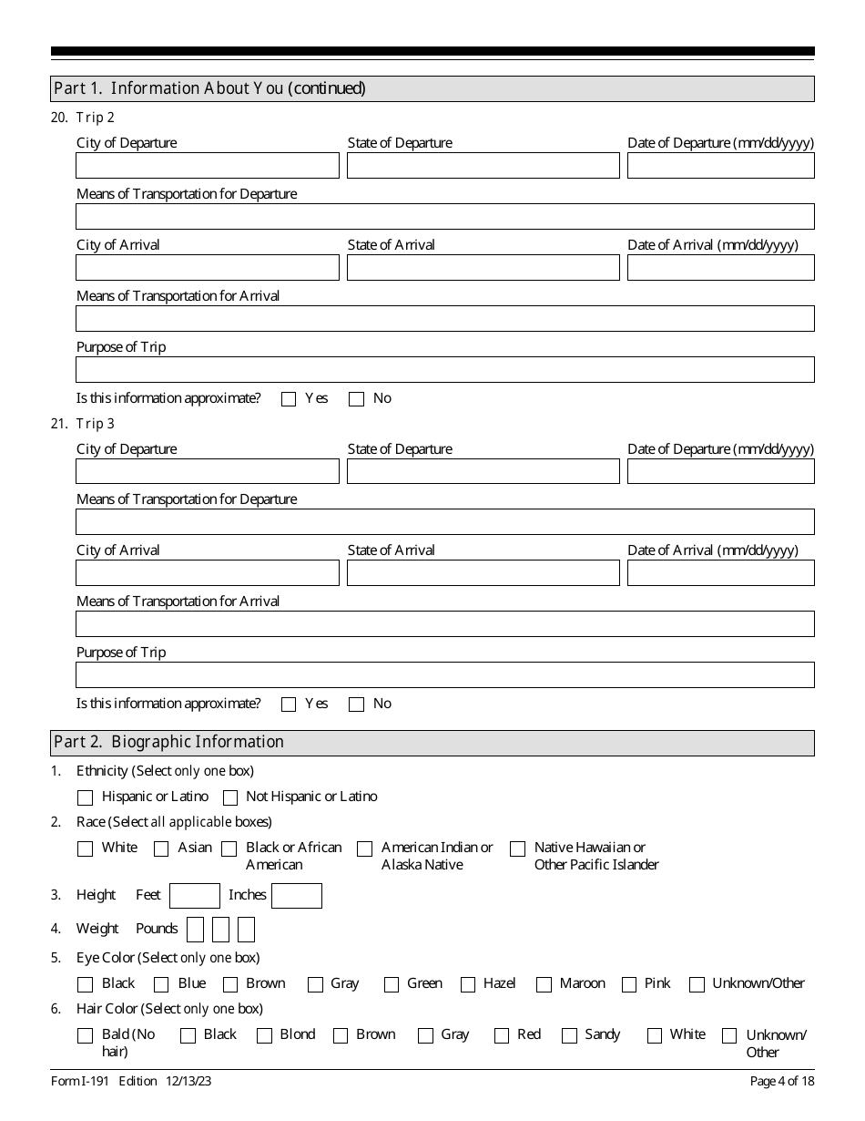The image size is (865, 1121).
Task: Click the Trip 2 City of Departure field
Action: (207, 166)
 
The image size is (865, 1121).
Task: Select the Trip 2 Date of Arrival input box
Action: (720, 268)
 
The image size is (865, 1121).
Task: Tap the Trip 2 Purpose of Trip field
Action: (444, 370)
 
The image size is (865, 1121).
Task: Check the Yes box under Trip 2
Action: (289, 399)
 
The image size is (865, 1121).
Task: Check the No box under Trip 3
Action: (356, 704)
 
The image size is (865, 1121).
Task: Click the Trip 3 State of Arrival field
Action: (483, 573)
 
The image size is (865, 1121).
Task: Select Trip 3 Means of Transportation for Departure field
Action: (444, 522)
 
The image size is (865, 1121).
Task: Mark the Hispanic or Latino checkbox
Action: (85, 797)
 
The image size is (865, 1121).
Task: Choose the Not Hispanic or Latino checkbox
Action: (230, 797)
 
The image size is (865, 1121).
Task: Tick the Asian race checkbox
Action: (161, 848)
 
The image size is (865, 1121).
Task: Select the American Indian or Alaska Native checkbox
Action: (364, 848)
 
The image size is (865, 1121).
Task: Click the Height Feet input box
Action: (195, 896)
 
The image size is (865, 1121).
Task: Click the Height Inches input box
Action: (296, 896)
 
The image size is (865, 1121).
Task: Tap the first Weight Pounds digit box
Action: (195, 930)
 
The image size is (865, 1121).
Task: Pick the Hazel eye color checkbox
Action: (468, 984)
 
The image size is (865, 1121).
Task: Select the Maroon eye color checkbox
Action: (544, 984)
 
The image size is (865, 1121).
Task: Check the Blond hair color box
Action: (264, 1035)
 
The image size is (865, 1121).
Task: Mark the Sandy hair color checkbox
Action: (569, 1035)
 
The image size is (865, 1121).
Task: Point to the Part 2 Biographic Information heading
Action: (169, 743)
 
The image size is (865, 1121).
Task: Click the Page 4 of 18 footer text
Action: (781, 1082)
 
